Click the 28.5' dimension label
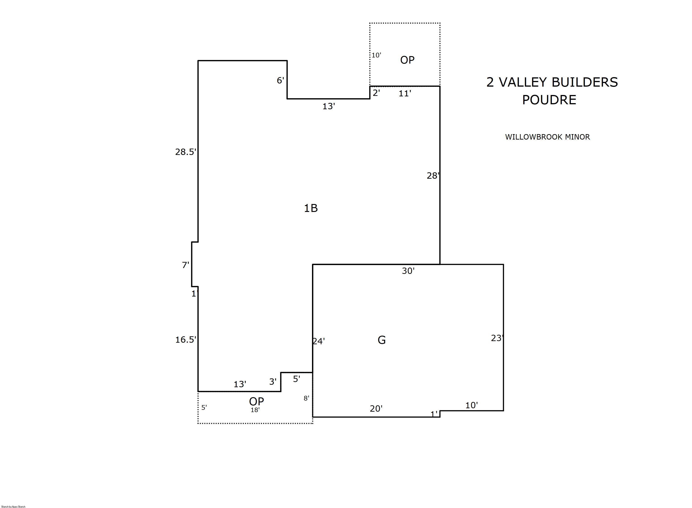click(186, 152)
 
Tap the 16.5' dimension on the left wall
click(186, 339)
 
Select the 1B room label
click(311, 208)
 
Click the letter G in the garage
click(381, 340)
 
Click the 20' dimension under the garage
click(376, 408)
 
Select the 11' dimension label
click(405, 93)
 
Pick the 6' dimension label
click(280, 80)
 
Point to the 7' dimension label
click(185, 265)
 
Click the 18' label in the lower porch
click(255, 410)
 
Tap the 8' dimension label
click(306, 398)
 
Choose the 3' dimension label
click(273, 382)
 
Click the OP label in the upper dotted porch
click(407, 60)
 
